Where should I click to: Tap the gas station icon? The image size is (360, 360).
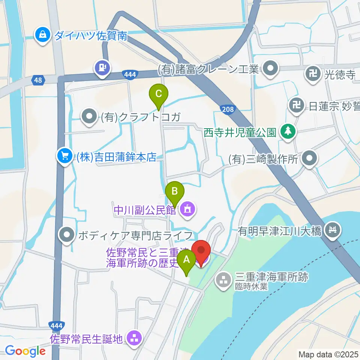[103, 68]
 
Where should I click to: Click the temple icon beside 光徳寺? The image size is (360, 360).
[312, 73]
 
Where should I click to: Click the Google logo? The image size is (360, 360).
[25, 351]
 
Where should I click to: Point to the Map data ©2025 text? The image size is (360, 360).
[328, 354]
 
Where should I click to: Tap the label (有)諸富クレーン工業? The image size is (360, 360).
[208, 69]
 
